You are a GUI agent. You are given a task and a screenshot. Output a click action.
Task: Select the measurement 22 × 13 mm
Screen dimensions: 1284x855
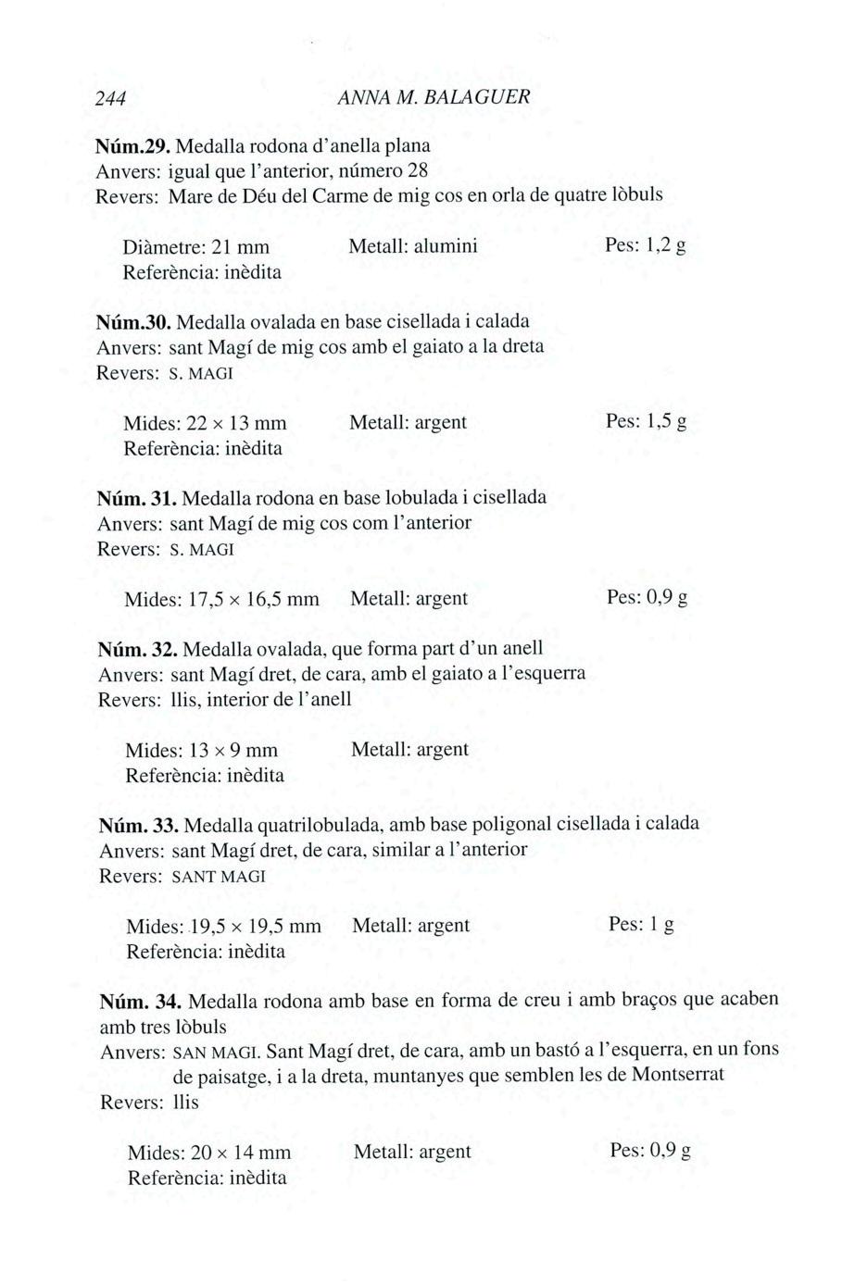[x=236, y=423]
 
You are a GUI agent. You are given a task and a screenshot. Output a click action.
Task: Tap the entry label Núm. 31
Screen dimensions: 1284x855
[x=137, y=498]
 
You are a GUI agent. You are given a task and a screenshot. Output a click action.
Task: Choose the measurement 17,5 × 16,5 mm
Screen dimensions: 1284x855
[x=253, y=600]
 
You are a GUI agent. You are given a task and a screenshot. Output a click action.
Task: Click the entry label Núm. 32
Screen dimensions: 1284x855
[x=137, y=647]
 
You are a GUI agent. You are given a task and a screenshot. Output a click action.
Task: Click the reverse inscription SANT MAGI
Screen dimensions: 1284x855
[x=219, y=876]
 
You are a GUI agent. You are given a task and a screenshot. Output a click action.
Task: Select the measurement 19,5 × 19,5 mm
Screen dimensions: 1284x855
[x=255, y=927]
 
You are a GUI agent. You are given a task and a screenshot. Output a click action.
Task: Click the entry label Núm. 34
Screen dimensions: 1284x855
[x=140, y=1001]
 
